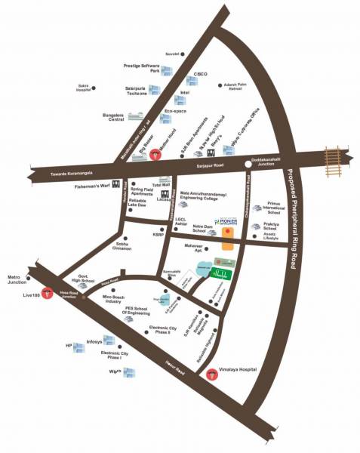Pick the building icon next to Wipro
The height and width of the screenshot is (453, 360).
[x=128, y=373]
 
